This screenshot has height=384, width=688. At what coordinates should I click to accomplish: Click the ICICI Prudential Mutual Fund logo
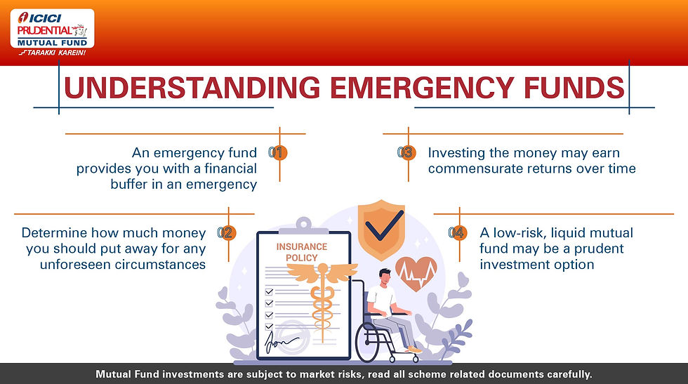coord(52,32)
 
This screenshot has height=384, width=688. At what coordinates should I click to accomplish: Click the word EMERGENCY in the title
coord(422,87)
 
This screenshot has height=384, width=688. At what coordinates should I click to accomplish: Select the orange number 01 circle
coord(278,153)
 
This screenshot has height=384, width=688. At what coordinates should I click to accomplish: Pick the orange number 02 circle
coord(227,232)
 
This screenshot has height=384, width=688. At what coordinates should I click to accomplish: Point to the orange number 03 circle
coord(406,153)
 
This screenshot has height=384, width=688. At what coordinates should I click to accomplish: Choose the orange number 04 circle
coord(458,232)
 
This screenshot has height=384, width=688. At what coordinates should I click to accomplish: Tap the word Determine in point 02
coord(55,232)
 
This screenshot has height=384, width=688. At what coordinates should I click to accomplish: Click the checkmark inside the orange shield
coord(384,225)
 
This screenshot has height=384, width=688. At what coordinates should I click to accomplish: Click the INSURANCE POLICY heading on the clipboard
coord(301,252)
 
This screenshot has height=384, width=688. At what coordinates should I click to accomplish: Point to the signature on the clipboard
coord(280,343)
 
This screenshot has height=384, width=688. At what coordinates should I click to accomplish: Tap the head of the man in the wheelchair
coord(385,277)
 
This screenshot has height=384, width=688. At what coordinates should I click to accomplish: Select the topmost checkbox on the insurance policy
coord(269,291)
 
